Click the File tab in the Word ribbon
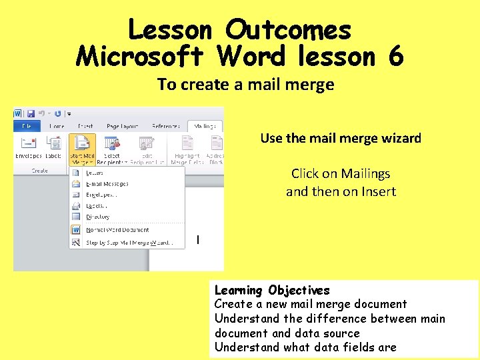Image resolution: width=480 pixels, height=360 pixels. (x=27, y=125)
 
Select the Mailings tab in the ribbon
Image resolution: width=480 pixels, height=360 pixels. (x=205, y=125)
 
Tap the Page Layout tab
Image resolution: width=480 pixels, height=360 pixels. (x=122, y=125)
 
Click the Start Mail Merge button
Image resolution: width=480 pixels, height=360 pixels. (x=81, y=148)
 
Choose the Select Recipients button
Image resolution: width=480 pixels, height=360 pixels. (x=111, y=148)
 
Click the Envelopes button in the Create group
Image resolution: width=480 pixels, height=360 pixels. (x=29, y=147)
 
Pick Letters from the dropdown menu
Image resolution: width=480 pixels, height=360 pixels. (x=94, y=173)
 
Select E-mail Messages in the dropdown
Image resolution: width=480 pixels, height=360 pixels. (x=107, y=184)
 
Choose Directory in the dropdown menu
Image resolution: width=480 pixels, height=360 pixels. (x=97, y=217)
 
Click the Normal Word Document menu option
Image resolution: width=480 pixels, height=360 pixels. (x=117, y=230)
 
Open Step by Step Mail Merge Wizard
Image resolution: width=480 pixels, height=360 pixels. (x=129, y=243)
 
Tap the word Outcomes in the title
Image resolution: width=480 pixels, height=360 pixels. (x=287, y=30)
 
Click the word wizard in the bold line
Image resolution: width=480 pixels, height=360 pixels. (x=400, y=139)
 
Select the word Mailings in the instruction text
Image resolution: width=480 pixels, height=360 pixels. (x=365, y=173)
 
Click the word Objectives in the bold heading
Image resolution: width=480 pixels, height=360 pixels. (x=299, y=290)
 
